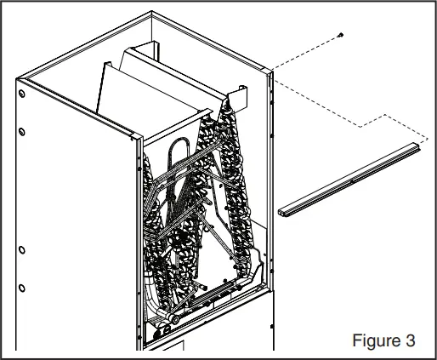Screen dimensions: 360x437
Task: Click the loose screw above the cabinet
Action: (x=339, y=34)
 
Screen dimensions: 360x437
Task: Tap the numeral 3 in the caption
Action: (x=410, y=340)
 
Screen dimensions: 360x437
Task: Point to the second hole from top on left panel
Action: (x=22, y=130)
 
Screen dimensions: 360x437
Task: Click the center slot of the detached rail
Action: (x=353, y=180)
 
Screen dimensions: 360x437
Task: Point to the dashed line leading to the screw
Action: (x=306, y=53)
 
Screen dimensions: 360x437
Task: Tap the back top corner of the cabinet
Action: (x=151, y=13)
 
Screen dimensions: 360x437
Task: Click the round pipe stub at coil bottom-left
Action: (x=169, y=320)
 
